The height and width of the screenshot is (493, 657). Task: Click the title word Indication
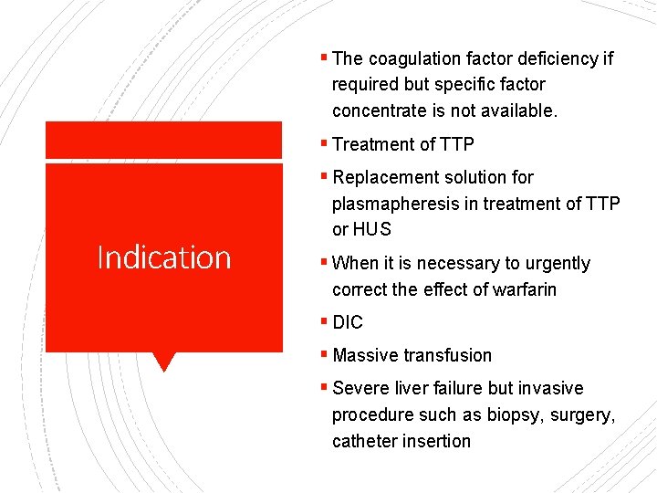pyautogui.click(x=164, y=257)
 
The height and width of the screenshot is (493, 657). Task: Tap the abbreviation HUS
pyautogui.click(x=372, y=229)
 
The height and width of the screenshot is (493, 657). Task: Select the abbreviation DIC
pyautogui.click(x=348, y=322)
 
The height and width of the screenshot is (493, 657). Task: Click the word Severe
pyautogui.click(x=361, y=388)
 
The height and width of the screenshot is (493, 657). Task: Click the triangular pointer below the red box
pyautogui.click(x=164, y=362)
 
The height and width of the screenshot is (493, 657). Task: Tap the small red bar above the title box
pyautogui.click(x=164, y=140)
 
